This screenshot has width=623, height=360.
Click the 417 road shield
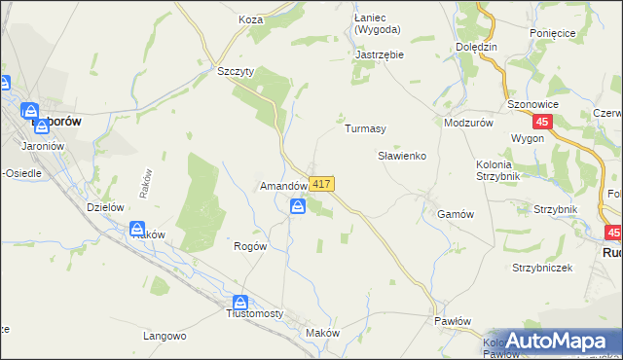[x=323, y=184]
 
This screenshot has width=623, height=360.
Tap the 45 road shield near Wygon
[x=543, y=122]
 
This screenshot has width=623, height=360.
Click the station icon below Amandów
[x=298, y=206]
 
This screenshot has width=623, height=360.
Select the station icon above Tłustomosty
[x=240, y=303]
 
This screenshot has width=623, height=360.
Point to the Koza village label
[x=251, y=18]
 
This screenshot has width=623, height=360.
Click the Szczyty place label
[x=236, y=72]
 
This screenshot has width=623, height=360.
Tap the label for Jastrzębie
[x=380, y=55]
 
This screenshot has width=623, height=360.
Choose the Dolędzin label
[x=476, y=47]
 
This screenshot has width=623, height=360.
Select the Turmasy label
[x=366, y=128]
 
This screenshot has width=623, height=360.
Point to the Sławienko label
[x=402, y=156]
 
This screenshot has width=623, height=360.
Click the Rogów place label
[x=250, y=246]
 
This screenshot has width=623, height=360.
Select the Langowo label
[x=165, y=337]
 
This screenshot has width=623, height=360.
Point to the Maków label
[x=322, y=333]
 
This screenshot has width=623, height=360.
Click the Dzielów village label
[x=104, y=206]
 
